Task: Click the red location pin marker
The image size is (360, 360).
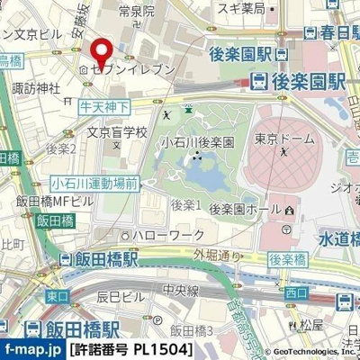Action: pyautogui.click(x=100, y=51)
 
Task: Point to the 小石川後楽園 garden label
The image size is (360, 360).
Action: pyautogui.click(x=197, y=142)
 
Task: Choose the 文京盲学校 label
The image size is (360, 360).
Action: pyautogui.click(x=116, y=131)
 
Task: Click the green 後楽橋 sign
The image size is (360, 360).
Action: pyautogui.click(x=288, y=259)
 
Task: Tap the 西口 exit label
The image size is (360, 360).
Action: pyautogui.click(x=295, y=294)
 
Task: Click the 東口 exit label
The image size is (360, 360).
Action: pyautogui.click(x=57, y=295)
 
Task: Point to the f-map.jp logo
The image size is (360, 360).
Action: pyautogui.click(x=32, y=347)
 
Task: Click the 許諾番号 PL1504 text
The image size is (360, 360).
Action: pyautogui.click(x=130, y=348)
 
